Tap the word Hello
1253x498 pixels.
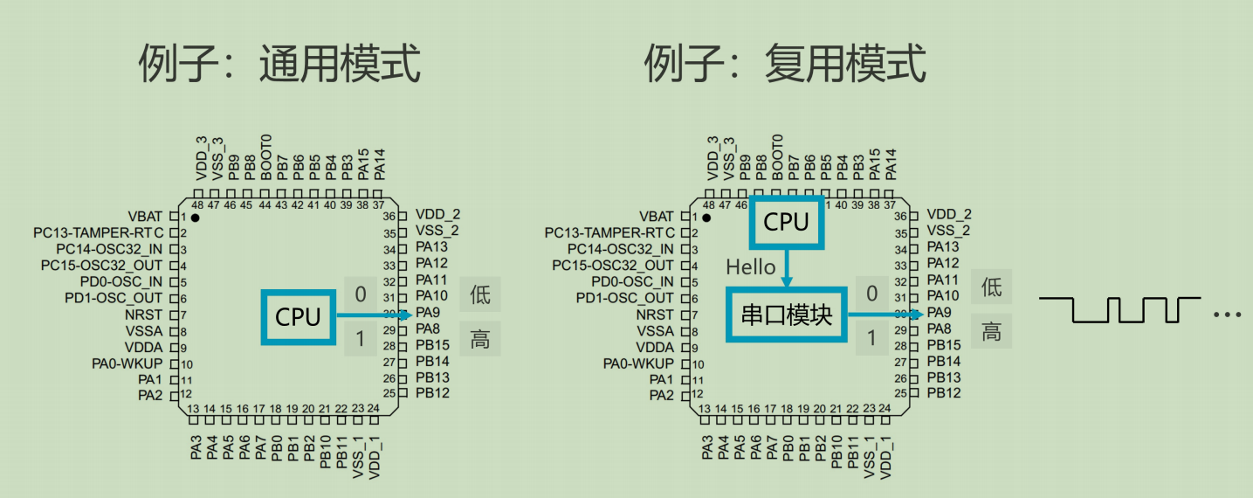click(751, 266)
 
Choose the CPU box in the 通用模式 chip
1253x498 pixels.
click(299, 316)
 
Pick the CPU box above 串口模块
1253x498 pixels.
click(787, 223)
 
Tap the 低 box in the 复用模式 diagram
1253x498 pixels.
click(991, 287)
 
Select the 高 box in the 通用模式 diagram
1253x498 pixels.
click(480, 339)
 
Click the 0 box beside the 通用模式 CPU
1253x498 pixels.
click(361, 294)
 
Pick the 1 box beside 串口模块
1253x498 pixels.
click(871, 338)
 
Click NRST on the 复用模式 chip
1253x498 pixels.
click(655, 315)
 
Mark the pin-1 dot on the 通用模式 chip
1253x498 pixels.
click(196, 217)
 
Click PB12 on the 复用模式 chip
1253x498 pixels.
click(944, 393)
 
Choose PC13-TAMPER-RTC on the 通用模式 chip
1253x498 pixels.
click(99, 232)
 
